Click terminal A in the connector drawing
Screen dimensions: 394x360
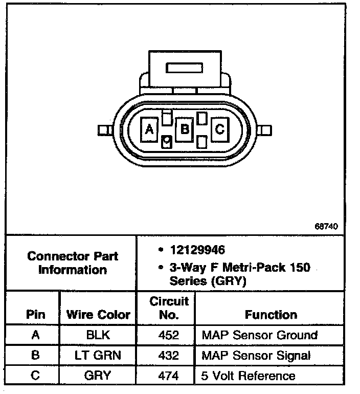point(149,129)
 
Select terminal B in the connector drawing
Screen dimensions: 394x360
point(184,129)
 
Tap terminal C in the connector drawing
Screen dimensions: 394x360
point(219,129)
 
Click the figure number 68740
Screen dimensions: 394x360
point(326,226)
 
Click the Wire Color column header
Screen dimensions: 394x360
point(98,315)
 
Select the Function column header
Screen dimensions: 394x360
point(271,315)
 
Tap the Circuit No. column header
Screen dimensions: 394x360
point(169,308)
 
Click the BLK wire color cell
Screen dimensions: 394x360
point(98,335)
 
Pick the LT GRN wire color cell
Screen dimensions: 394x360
point(98,356)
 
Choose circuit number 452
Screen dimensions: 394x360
point(169,335)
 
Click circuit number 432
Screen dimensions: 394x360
point(169,356)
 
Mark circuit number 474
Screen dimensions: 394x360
point(169,376)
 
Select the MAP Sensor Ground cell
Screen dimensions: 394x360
point(260,335)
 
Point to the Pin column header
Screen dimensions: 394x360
point(35,315)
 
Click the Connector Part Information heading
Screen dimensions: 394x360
point(72,262)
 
